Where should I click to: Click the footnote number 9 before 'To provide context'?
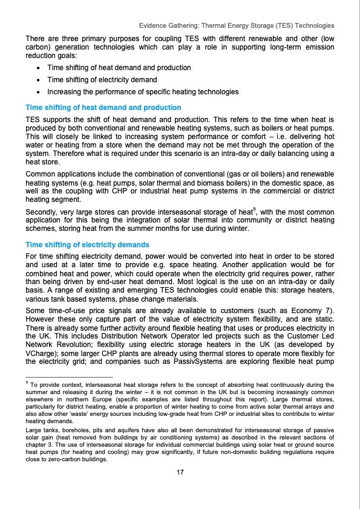coord(27,383)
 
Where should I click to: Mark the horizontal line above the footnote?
coord(67,376)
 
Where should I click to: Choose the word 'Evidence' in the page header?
coord(154,26)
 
